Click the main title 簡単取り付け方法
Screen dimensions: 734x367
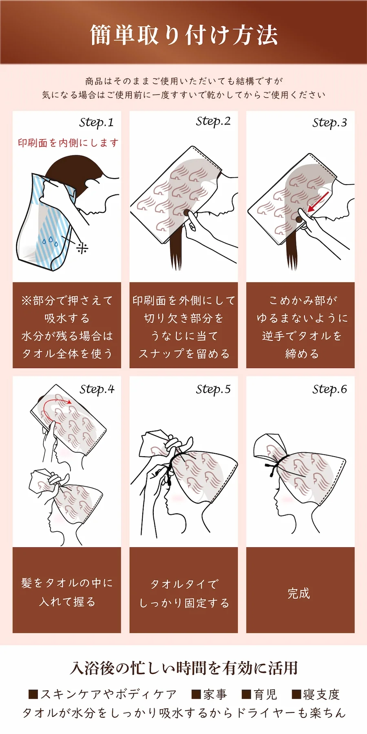coord(183,35)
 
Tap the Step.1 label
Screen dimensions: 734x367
coord(96,123)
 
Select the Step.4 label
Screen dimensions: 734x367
coord(97,389)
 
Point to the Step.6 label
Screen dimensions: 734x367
coord(329,389)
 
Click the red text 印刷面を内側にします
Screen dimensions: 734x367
coord(68,143)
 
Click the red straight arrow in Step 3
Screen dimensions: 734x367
coord(318,202)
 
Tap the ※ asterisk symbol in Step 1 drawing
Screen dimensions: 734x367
coord(82,248)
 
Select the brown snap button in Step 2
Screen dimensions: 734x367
coord(187,212)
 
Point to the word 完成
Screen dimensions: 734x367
coord(299,593)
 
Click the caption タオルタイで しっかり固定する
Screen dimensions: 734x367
coord(184,593)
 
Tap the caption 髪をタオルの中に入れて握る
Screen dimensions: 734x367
coord(67,592)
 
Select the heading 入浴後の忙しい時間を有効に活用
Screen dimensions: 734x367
coord(183,668)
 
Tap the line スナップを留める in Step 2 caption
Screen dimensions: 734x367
coord(184,354)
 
